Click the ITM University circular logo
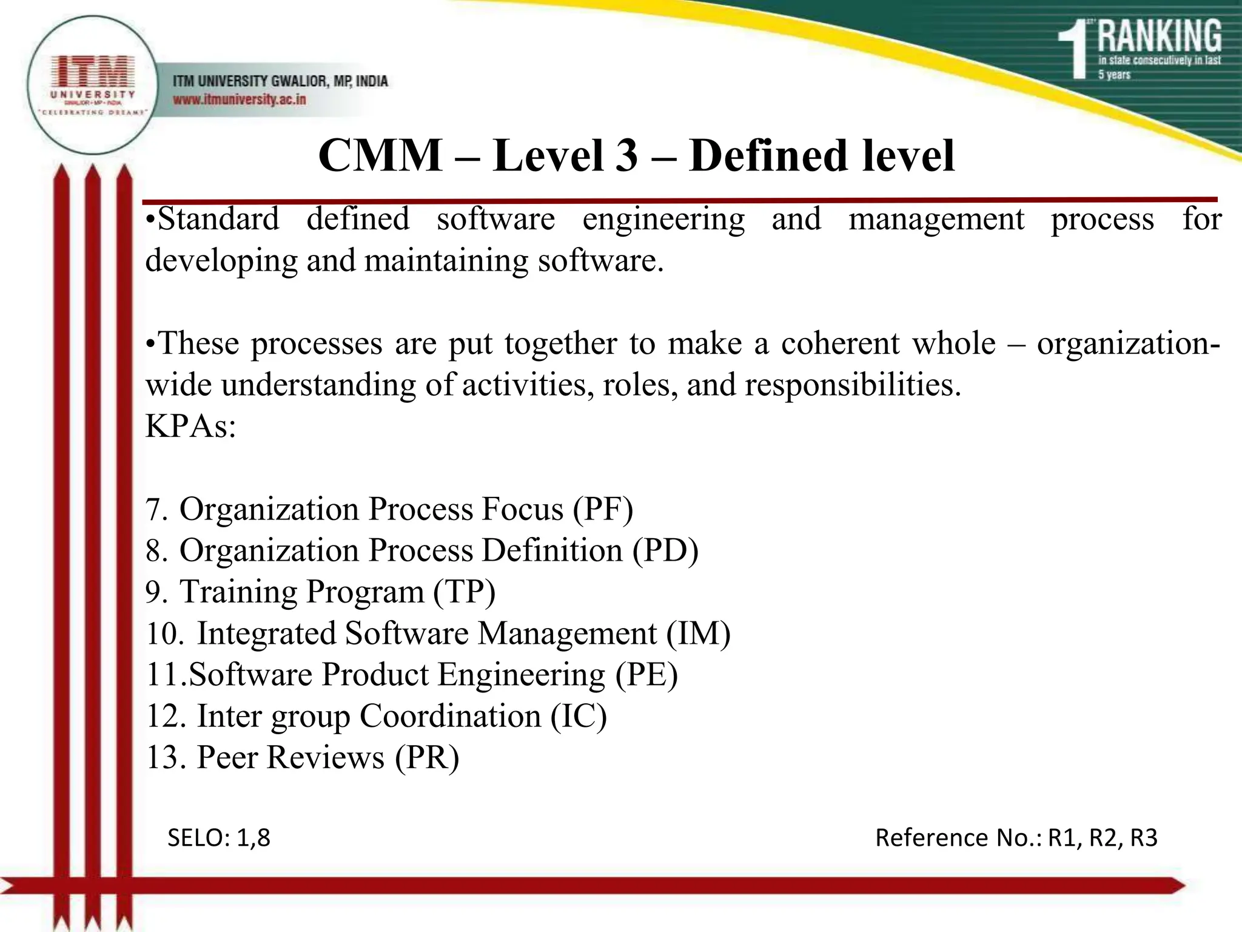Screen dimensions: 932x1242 (x=93, y=85)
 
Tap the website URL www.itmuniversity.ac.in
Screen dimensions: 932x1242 (x=240, y=100)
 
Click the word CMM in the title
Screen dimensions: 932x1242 (x=380, y=156)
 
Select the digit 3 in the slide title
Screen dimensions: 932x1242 (x=626, y=156)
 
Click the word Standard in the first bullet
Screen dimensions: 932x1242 (x=218, y=219)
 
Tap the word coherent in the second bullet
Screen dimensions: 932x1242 (x=840, y=343)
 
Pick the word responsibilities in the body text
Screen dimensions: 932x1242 (x=853, y=385)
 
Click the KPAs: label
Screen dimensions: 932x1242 (x=190, y=426)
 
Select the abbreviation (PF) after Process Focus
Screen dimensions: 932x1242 (x=603, y=509)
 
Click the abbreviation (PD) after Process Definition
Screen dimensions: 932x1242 (x=665, y=550)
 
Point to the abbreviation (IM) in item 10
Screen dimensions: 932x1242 (x=698, y=633)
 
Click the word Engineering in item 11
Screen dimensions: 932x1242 (x=522, y=675)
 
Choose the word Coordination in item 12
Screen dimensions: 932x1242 (x=450, y=716)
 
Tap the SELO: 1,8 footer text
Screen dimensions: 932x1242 (x=219, y=838)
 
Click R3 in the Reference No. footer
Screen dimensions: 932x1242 (x=1143, y=838)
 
